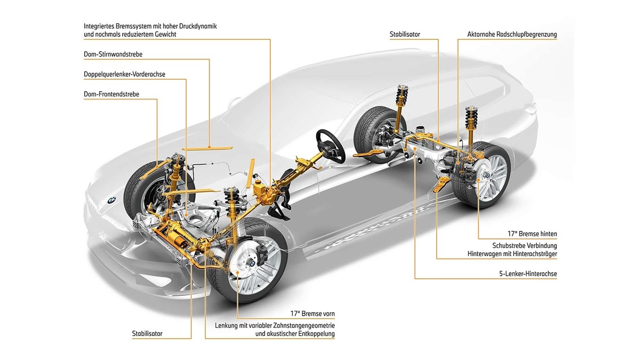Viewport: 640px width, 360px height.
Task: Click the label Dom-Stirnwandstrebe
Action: point(113,54)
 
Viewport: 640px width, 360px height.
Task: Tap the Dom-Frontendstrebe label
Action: point(111,94)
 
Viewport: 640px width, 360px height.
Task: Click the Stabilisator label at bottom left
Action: point(147,334)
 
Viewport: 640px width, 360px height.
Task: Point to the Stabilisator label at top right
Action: point(405,34)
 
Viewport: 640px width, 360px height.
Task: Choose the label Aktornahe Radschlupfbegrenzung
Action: point(509,34)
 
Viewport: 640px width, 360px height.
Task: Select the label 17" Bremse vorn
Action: point(313,314)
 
